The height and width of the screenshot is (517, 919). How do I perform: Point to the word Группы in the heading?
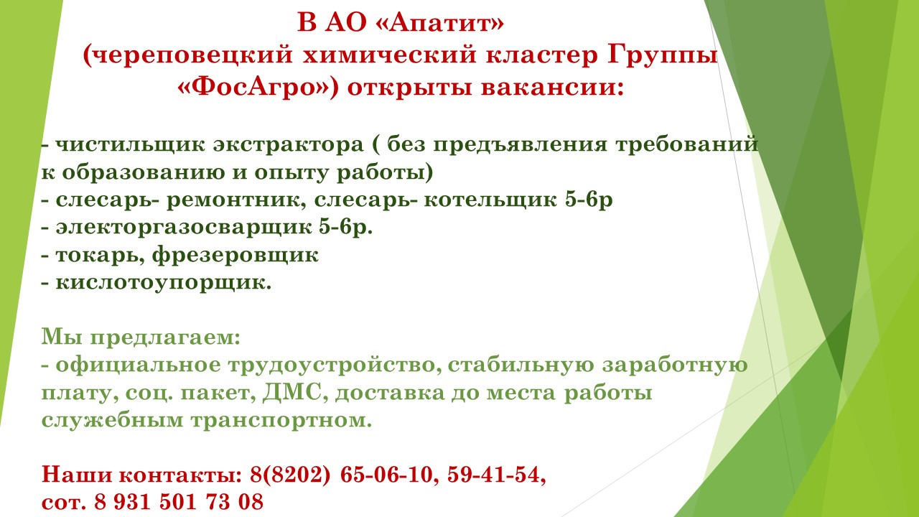point(669,56)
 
